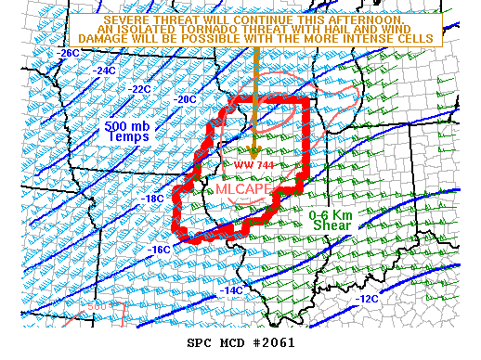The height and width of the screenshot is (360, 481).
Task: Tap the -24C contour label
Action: click(104, 70)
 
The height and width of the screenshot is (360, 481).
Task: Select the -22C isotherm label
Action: click(139, 88)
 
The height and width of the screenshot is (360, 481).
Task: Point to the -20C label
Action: click(186, 98)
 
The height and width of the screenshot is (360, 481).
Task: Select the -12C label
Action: click(367, 299)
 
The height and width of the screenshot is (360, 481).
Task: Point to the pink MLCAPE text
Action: click(243, 188)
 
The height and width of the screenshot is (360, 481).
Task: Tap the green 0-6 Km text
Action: click(330, 216)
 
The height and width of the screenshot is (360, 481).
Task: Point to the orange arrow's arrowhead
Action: click(253, 153)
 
